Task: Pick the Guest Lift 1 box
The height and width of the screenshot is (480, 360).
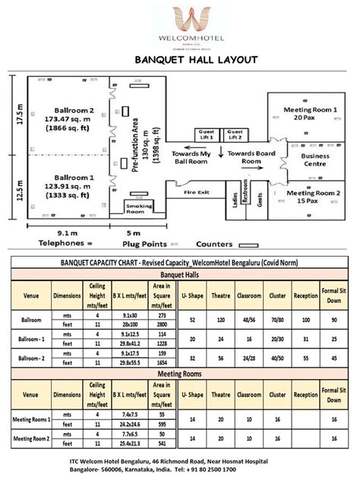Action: pyautogui.click(x=207, y=134)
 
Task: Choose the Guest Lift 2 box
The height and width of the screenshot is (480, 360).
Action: pyautogui.click(x=235, y=134)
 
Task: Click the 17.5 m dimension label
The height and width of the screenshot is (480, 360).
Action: pyautogui.click(x=11, y=114)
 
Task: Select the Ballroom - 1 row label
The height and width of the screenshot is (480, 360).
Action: pyautogui.click(x=31, y=337)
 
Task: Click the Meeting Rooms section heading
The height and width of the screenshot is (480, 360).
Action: pyautogui.click(x=179, y=374)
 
